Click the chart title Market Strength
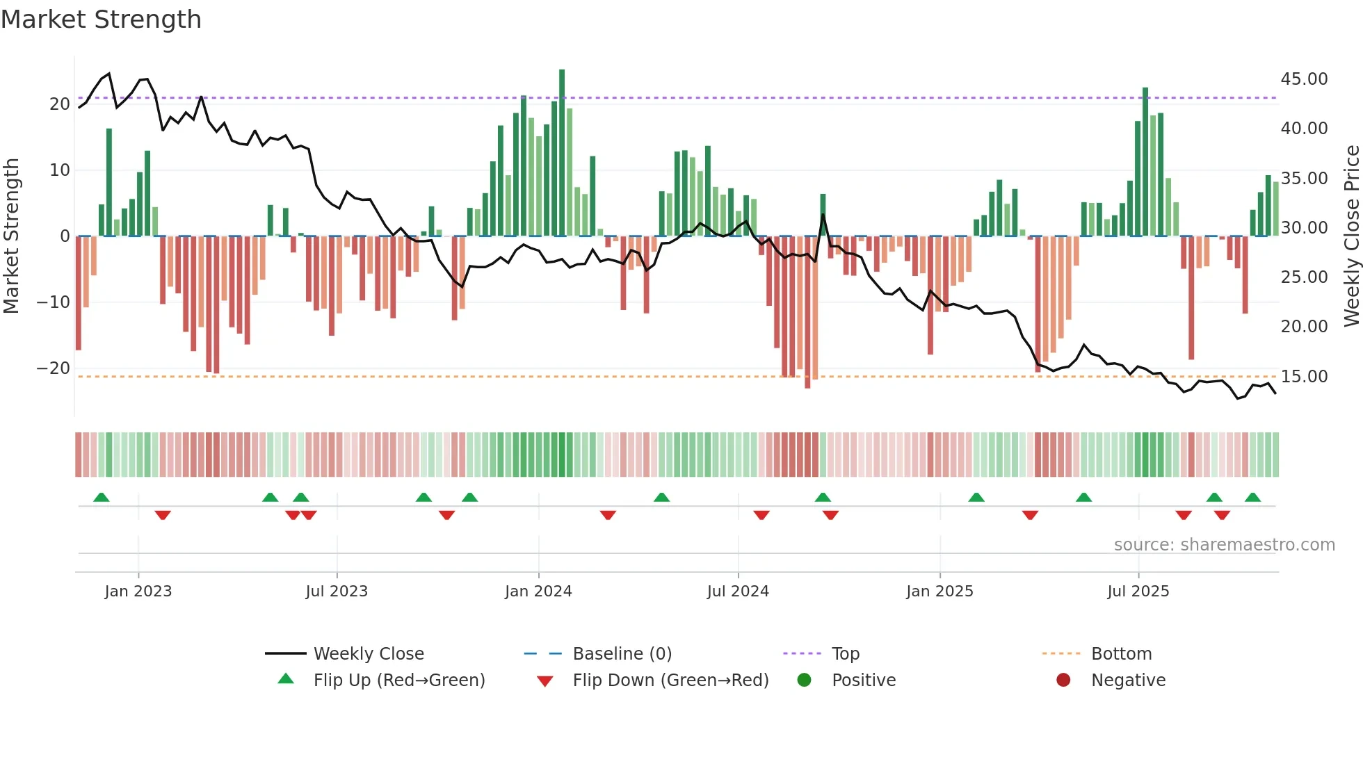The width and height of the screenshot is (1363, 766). point(102,19)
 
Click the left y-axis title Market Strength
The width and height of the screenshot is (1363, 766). point(12,236)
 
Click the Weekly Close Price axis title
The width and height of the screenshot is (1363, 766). point(1351,236)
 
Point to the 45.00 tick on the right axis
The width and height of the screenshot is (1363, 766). point(1304,79)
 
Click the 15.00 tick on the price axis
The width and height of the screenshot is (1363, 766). point(1304,377)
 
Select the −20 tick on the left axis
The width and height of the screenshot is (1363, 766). point(54,368)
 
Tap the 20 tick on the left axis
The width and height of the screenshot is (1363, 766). point(60,104)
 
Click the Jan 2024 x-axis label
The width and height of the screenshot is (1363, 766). point(538,592)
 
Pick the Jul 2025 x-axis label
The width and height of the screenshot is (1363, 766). point(1138,592)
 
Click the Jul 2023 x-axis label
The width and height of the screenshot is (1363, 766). point(337,592)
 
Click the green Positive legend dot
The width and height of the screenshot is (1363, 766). point(805,681)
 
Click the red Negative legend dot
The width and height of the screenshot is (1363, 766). point(1063,681)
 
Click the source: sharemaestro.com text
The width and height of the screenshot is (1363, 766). point(1224,545)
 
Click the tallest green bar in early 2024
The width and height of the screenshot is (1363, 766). point(562,153)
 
